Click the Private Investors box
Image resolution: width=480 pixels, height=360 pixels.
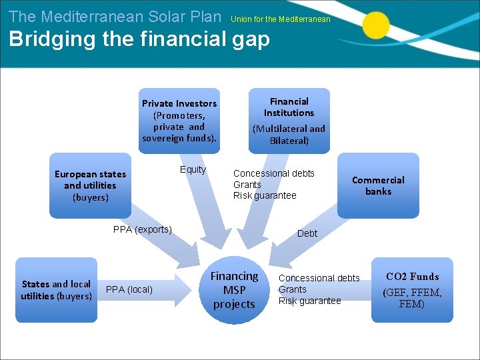pyautogui.click(x=179, y=121)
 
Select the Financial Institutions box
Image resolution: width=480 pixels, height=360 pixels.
pyautogui.click(x=289, y=121)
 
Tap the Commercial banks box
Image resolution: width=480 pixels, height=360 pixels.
pyautogui.click(x=378, y=185)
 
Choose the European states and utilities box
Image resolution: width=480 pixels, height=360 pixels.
pyautogui.click(x=90, y=185)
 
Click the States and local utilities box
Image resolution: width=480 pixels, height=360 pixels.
pyautogui.click(x=56, y=290)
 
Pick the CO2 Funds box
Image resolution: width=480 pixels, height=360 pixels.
pyautogui.click(x=412, y=290)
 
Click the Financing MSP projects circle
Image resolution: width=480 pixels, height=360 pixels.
pyautogui.click(x=234, y=290)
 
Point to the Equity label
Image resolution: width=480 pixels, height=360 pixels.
pyautogui.click(x=193, y=169)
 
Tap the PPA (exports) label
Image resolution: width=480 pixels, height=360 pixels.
pyautogui.click(x=143, y=229)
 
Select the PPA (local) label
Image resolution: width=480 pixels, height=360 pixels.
pyautogui.click(x=129, y=289)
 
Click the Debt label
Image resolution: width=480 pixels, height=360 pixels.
pyautogui.click(x=307, y=233)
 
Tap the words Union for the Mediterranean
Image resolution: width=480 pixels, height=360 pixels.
pyautogui.click(x=281, y=19)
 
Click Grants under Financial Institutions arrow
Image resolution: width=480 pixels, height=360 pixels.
pyautogui.click(x=247, y=185)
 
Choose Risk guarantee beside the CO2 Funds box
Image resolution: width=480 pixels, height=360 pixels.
pyautogui.click(x=309, y=301)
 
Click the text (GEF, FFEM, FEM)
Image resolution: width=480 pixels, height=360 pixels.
pyautogui.click(x=411, y=298)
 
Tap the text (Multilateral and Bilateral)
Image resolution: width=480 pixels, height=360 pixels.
pyautogui.click(x=289, y=135)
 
